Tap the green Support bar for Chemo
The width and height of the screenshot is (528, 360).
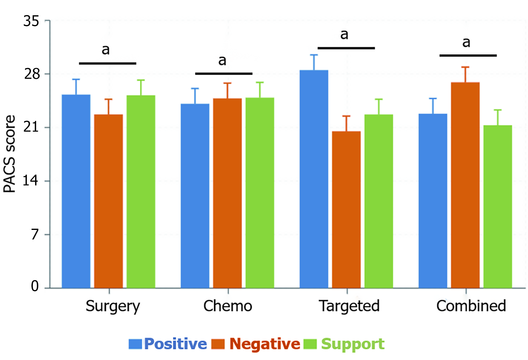pos(260,193)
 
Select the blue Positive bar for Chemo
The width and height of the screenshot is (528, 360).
pos(195,196)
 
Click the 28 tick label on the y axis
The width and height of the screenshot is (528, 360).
pos(32,74)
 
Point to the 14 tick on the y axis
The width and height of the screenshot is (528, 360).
pos(31,181)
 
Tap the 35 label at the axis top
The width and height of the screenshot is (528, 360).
pos(31,21)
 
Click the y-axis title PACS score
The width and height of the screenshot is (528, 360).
pos(9,154)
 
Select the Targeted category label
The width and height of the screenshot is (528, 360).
pos(349,306)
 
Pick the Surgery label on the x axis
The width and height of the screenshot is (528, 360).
pos(113,306)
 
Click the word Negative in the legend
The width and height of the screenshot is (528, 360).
pos(265,344)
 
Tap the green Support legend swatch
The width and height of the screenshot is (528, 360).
pos(310,344)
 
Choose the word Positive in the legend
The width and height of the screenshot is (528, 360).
pos(175,344)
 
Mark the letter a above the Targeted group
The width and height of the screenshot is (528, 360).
pos(344,35)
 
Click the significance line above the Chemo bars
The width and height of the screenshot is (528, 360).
pos(224,74)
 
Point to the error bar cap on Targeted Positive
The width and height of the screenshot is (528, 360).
pos(314,55)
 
